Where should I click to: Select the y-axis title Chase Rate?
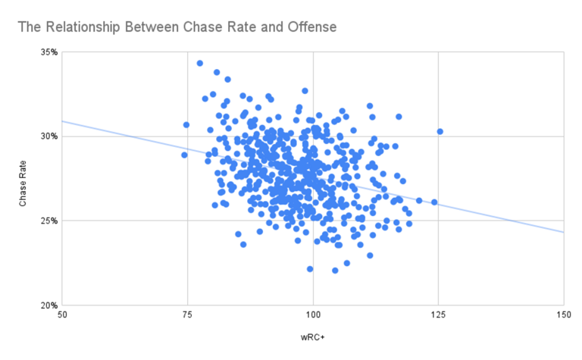(23, 179)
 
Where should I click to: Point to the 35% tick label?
(48, 52)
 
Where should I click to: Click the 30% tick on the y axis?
(48, 136)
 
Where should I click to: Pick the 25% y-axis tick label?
(48, 221)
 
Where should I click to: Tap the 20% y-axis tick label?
(48, 305)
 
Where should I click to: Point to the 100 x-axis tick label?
(313, 315)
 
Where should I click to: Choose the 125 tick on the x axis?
(438, 315)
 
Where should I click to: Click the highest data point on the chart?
(200, 63)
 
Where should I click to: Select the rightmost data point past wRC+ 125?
(440, 131)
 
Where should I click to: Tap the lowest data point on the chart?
(336, 271)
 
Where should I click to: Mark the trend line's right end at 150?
(563, 232)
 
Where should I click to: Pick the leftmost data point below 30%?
(184, 155)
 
